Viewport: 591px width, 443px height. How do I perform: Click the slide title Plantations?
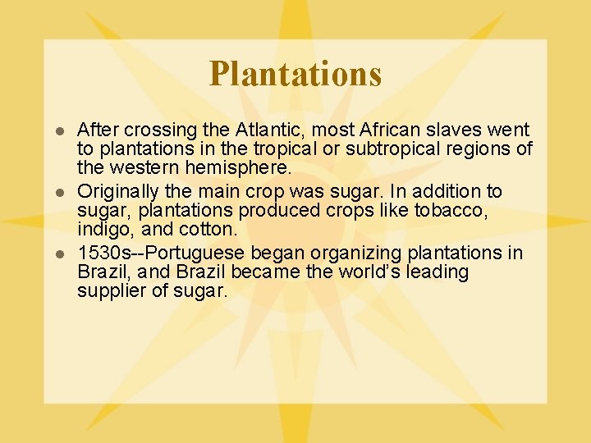[295, 73]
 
